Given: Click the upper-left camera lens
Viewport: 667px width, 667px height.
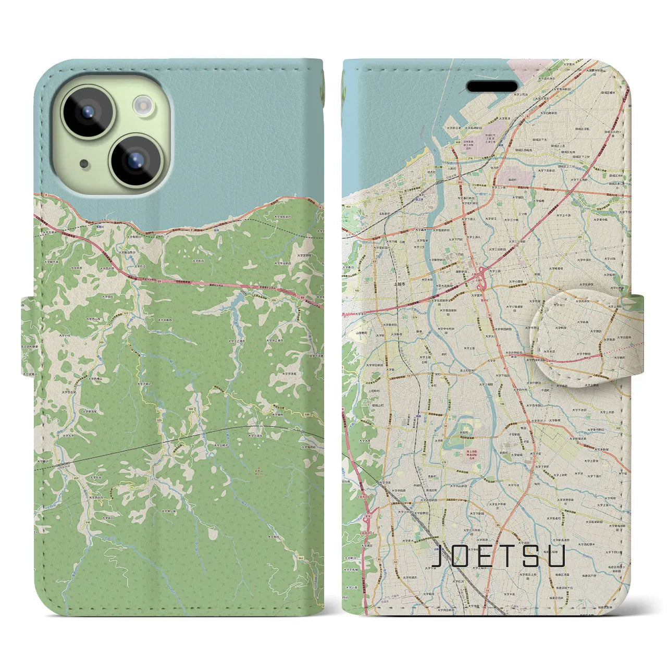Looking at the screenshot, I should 88,112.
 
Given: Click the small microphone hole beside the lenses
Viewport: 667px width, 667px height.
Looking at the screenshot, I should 84,164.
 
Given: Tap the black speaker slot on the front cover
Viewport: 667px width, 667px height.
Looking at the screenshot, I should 491,85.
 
